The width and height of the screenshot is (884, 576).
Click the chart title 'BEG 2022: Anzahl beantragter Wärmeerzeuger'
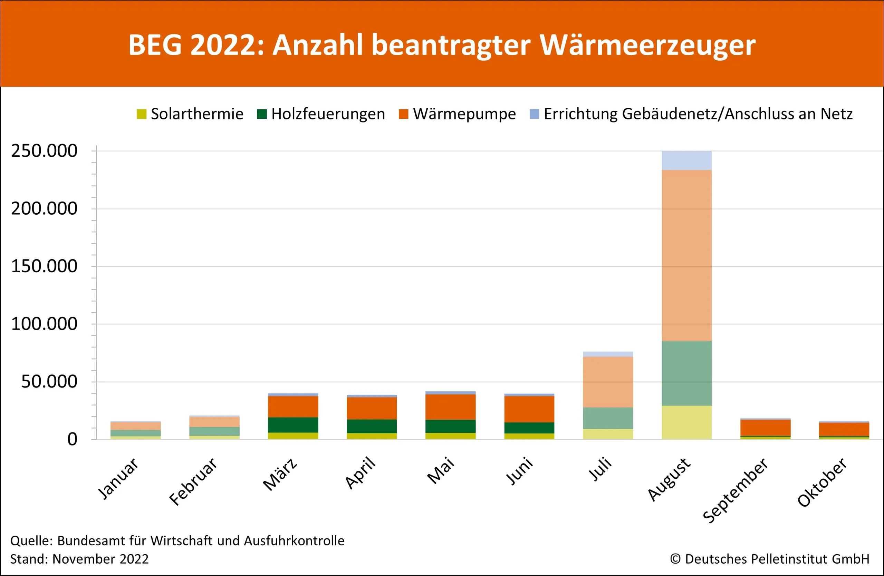tap(442, 45)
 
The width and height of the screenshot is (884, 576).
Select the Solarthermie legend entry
tap(190, 114)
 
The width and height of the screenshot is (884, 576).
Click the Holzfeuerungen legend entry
tap(321, 114)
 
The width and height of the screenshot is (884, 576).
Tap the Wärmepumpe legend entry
tap(458, 114)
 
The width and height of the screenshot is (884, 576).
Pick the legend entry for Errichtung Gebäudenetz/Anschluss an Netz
tap(691, 114)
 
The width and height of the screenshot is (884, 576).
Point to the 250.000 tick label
tap(44, 151)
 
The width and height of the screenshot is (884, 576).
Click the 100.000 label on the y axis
tap(44, 324)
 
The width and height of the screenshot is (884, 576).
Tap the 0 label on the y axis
tap(72, 439)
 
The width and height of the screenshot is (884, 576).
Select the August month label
tap(669, 479)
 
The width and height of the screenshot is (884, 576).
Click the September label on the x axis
tap(736, 491)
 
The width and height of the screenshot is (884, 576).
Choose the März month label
tap(280, 475)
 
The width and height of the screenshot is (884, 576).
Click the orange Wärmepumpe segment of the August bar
tap(686, 255)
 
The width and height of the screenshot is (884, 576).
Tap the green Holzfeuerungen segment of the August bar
tap(686, 373)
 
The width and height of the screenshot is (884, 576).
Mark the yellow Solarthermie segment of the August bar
tap(686, 422)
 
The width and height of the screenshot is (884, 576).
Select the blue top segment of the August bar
tap(686, 160)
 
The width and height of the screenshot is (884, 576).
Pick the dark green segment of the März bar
tap(293, 425)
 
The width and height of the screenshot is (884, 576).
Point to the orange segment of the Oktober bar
tap(844, 429)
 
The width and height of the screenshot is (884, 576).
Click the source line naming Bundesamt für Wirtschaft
tap(177, 541)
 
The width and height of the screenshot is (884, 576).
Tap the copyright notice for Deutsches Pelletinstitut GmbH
tap(770, 559)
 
